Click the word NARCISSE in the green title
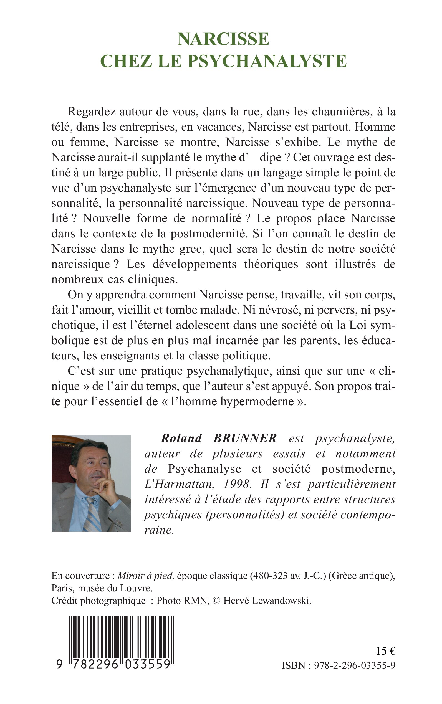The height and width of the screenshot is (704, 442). click(x=223, y=39)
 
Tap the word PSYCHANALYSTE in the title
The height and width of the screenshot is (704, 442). click(x=267, y=61)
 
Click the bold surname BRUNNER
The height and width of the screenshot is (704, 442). click(x=245, y=438)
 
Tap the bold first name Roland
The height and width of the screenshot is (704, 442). click(x=181, y=438)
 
